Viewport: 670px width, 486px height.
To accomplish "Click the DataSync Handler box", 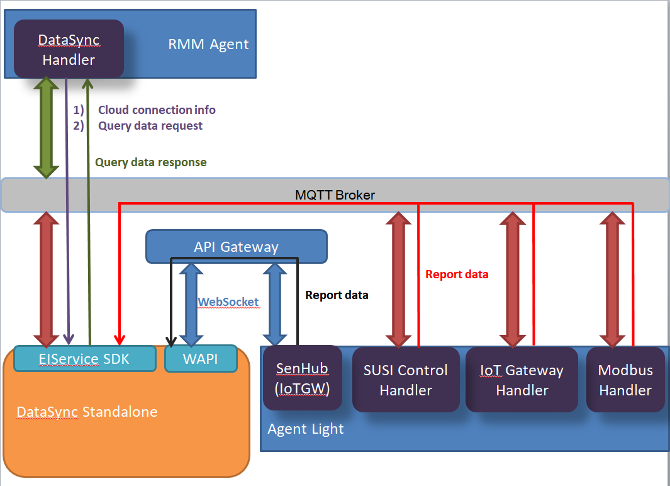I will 69,50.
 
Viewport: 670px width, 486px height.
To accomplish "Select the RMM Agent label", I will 208,45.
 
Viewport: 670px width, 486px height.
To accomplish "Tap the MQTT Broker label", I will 335,195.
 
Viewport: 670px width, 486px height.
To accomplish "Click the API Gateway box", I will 236,247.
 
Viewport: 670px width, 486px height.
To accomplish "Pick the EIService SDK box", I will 84,359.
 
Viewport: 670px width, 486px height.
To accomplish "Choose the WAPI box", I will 200,359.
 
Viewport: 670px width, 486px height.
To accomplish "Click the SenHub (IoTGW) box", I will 302,378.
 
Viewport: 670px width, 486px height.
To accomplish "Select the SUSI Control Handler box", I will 406,380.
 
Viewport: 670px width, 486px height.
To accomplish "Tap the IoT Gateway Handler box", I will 522,380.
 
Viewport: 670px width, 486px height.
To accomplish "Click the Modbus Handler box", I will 625,380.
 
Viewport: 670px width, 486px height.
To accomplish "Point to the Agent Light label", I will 306,429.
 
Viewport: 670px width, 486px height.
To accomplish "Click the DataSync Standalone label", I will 87,412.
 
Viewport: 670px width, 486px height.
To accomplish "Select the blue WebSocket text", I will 228,302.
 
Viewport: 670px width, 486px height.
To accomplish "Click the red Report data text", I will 457,274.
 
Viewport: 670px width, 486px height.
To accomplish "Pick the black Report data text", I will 337,295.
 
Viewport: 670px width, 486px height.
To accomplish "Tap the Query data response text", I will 151,162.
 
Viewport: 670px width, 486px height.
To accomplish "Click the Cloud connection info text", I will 157,110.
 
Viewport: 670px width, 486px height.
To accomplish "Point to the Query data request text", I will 150,126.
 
